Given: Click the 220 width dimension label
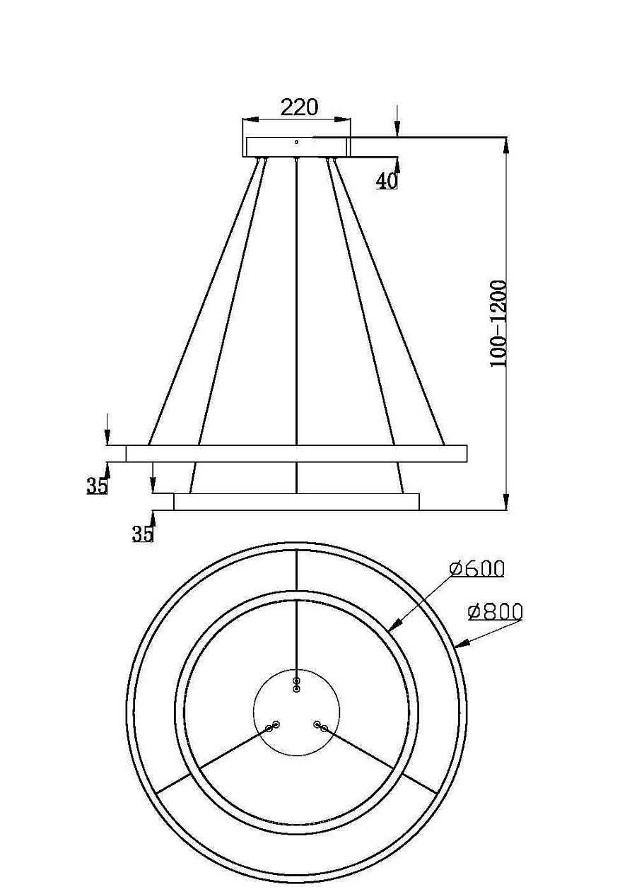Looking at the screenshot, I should pos(299,107).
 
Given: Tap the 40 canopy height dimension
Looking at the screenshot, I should pos(386,181).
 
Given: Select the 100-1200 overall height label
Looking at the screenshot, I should pos(499,324).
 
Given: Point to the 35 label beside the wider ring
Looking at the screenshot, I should pos(97,486).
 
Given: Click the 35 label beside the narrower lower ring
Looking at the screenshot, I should pos(142,534).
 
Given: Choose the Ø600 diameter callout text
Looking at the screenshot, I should pos(476,569).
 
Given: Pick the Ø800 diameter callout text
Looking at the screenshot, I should pos(495,611).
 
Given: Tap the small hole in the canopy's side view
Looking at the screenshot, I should pos(297,142).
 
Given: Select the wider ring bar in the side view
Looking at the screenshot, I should pos(296,453).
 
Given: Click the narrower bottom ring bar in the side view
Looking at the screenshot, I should pos(296,502).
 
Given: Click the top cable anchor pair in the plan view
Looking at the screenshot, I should pos(297,684).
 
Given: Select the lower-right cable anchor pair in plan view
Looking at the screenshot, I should pos(321,726).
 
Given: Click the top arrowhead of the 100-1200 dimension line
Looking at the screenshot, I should pos(506,143).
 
